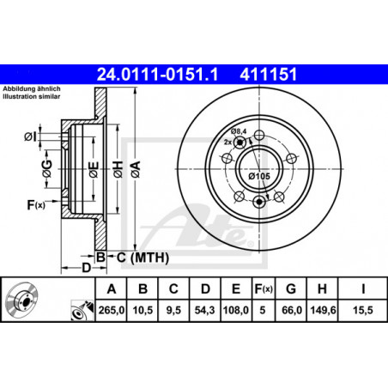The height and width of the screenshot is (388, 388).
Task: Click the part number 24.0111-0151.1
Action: (157, 75)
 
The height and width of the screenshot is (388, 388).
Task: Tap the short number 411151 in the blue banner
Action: (269, 75)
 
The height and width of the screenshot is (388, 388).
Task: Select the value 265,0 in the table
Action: (111, 310)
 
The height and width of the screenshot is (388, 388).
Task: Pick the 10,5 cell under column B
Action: (142, 310)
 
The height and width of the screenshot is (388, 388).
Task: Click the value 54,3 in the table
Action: (204, 310)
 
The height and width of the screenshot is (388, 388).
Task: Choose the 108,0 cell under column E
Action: (236, 310)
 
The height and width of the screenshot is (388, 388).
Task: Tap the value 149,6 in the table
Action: (323, 310)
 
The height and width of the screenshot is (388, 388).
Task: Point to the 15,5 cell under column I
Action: (363, 310)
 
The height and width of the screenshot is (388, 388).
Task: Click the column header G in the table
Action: (291, 289)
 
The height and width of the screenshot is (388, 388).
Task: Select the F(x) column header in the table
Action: (264, 289)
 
